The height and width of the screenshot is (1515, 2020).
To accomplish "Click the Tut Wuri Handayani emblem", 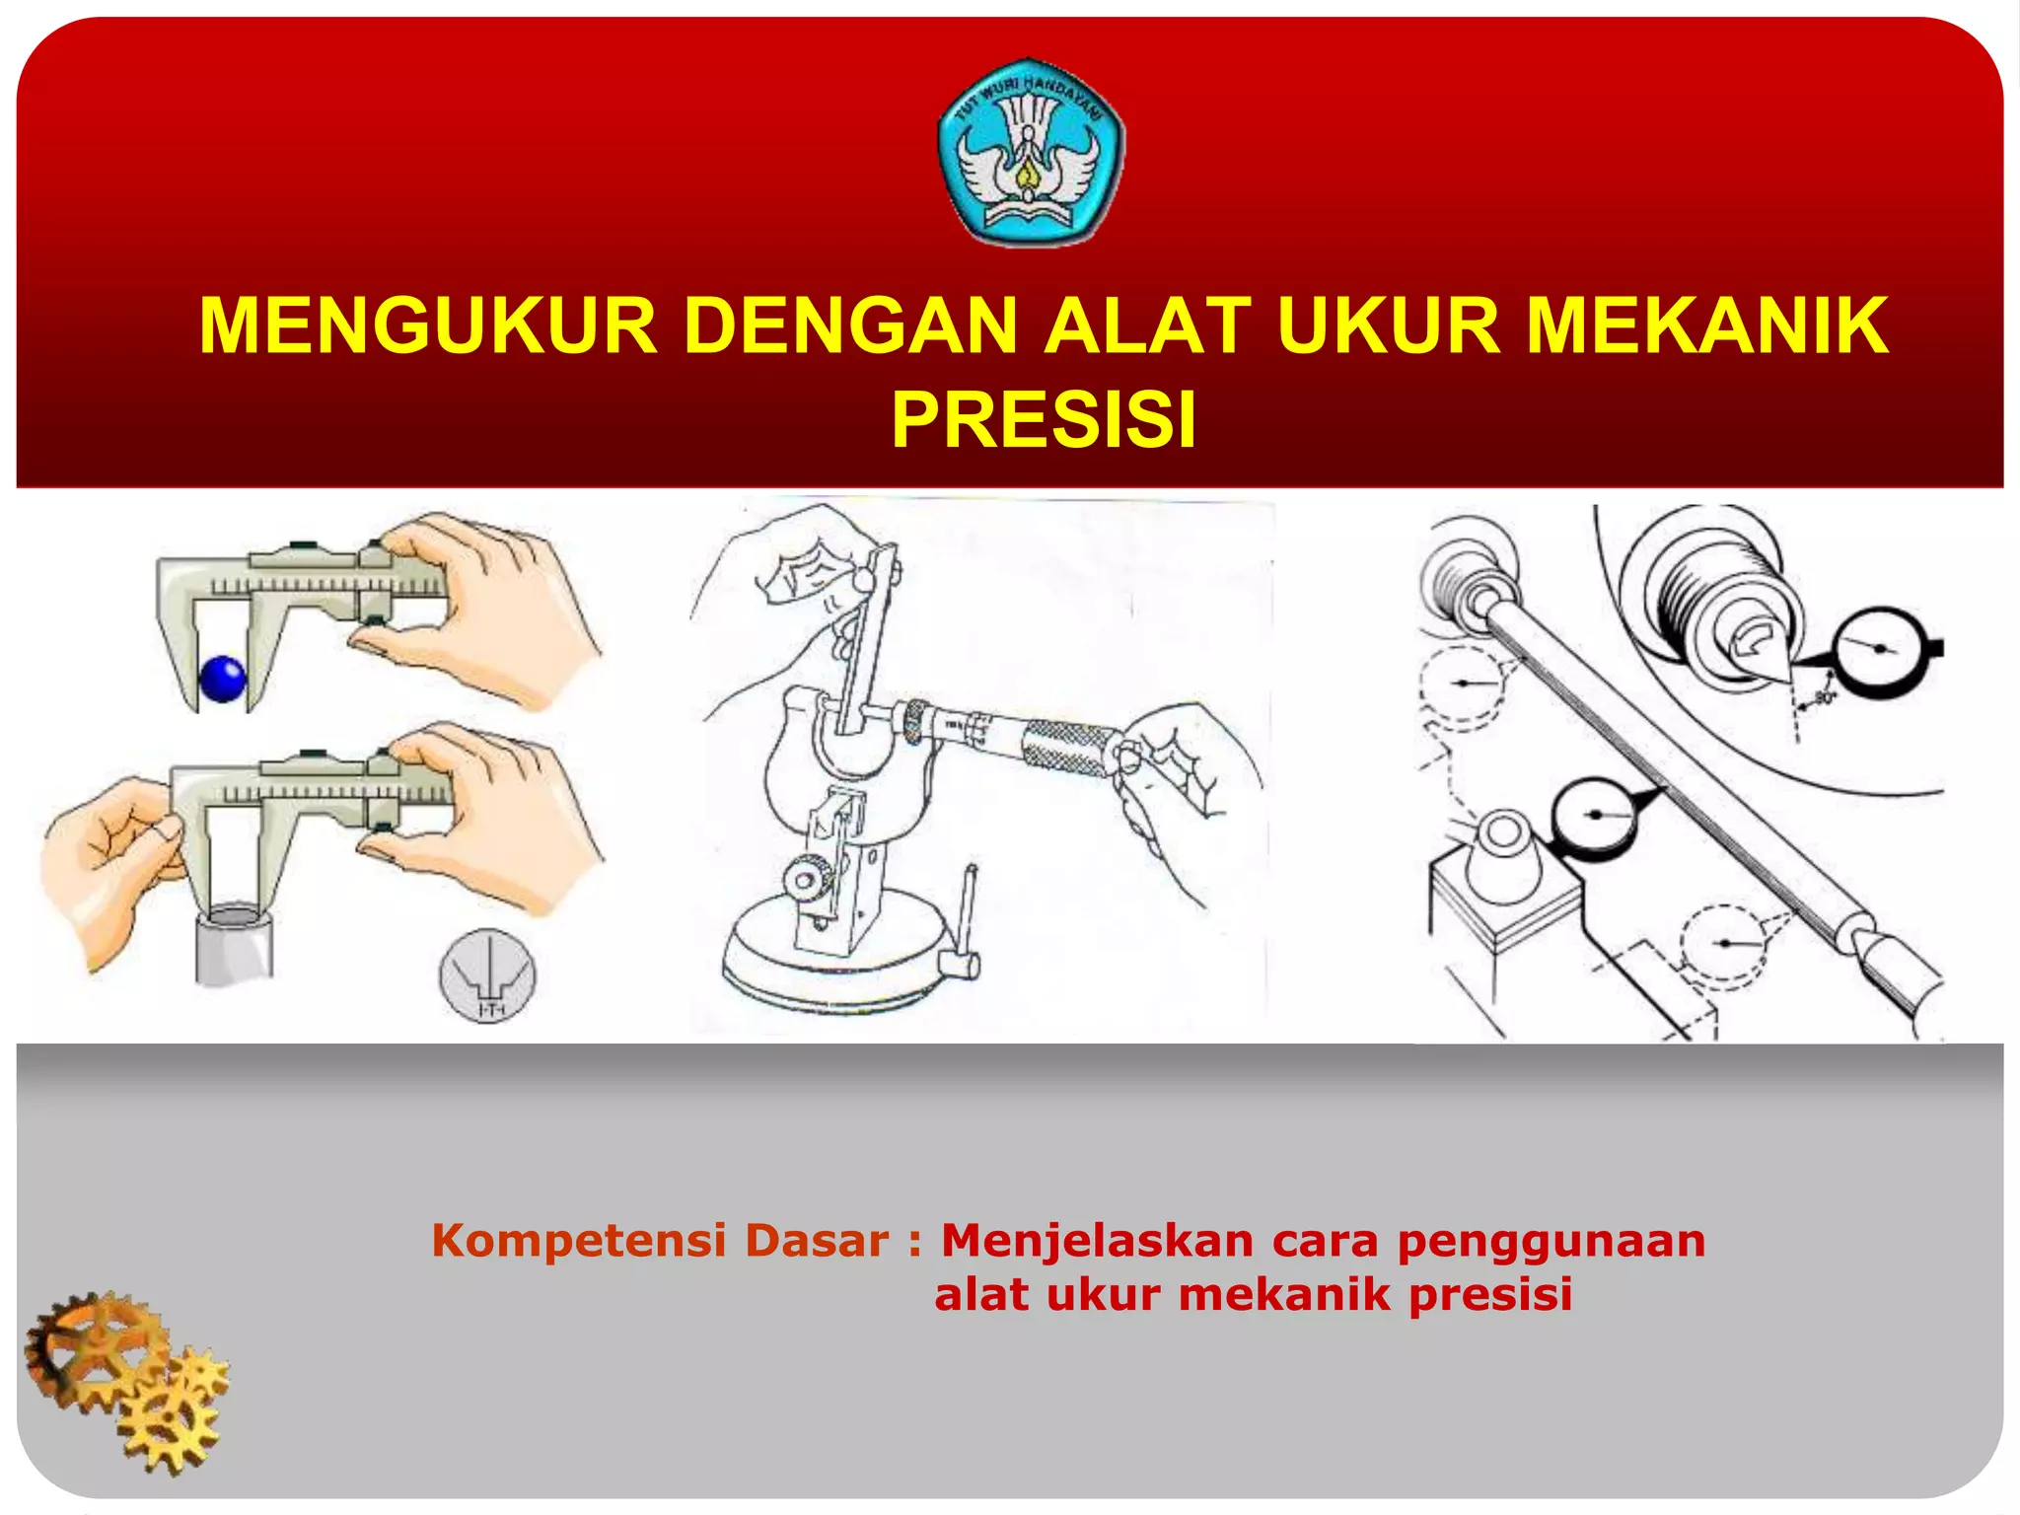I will (1031, 151).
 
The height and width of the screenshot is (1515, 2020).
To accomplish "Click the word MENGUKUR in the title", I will (428, 326).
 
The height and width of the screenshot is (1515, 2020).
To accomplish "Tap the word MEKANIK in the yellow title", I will (1707, 326).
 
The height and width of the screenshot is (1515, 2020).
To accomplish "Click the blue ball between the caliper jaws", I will (223, 679).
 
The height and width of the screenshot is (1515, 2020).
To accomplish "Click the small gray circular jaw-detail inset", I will (487, 974).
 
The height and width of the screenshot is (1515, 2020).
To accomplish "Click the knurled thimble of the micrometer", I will (1070, 748).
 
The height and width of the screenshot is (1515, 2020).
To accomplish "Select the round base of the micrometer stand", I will (838, 962).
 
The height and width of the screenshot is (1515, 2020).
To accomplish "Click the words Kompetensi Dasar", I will (660, 1241).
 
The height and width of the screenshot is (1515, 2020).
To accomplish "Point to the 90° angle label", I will (1823, 698).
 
